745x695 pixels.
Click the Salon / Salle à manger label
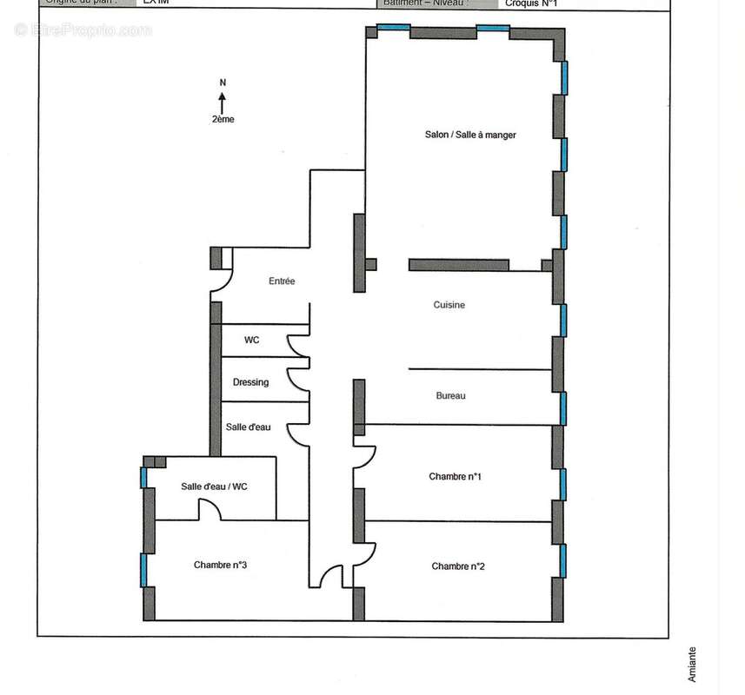tap(470, 135)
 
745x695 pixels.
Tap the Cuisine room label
tap(449, 305)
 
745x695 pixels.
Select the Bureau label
tap(450, 396)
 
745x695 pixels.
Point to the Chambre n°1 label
tap(455, 476)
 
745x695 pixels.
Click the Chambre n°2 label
tap(458, 566)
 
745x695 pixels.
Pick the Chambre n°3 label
tap(221, 565)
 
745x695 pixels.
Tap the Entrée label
tap(282, 281)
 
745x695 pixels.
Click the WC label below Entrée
tap(251, 340)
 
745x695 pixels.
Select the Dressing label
tap(250, 382)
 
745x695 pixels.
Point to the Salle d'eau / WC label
tap(214, 486)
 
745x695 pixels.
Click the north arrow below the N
tap(223, 103)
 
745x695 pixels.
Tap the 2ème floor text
tap(223, 120)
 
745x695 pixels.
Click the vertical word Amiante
tap(693, 665)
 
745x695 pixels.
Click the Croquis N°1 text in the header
tap(531, 3)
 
